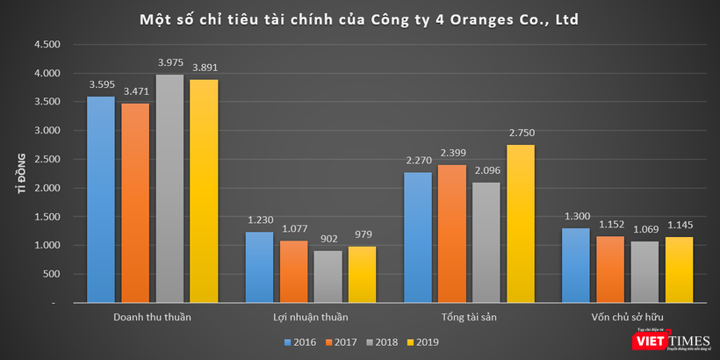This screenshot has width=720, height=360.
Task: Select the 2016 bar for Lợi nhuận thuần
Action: (259, 268)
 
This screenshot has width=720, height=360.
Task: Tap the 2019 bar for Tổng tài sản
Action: (521, 224)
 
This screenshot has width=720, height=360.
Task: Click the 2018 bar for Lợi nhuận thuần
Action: (328, 277)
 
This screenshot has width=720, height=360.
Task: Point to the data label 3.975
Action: (169, 64)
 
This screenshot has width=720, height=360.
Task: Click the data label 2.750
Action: (521, 133)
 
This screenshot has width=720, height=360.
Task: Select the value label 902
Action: (328, 240)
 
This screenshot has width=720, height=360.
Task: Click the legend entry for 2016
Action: (301, 342)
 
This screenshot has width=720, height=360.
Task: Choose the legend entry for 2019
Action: (422, 342)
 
